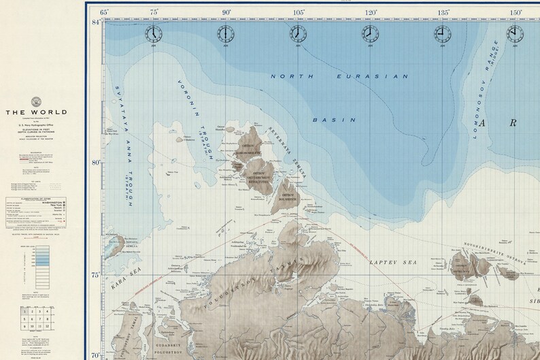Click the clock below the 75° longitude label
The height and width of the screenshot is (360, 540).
click(x=154, y=33)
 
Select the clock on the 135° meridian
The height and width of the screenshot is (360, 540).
click(x=441, y=33)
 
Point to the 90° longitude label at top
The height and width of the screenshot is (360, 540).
click(x=226, y=12)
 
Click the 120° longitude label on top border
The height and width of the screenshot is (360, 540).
click(x=371, y=12)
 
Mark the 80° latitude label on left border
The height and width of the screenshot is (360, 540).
click(x=96, y=162)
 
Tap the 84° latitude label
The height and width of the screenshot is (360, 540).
click(x=96, y=22)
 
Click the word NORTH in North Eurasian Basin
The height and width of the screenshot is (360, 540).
click(x=294, y=76)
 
